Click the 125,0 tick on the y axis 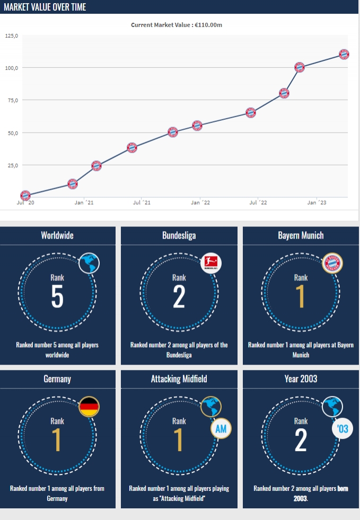coord(11,36)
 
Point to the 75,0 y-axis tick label coord(11,100)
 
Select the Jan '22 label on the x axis coord(200,202)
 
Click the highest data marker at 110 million coord(344,54)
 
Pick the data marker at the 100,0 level coord(300,67)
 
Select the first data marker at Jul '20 coord(25,196)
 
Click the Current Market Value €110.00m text coord(180,24)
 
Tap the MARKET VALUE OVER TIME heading coord(45,7)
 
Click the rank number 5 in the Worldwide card coord(57,297)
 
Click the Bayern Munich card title coord(301,235)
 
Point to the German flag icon coord(89,407)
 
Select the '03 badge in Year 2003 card coord(343,428)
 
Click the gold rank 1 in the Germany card coord(57,440)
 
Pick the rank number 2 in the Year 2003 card coord(301,440)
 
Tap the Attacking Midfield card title coord(179,378)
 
